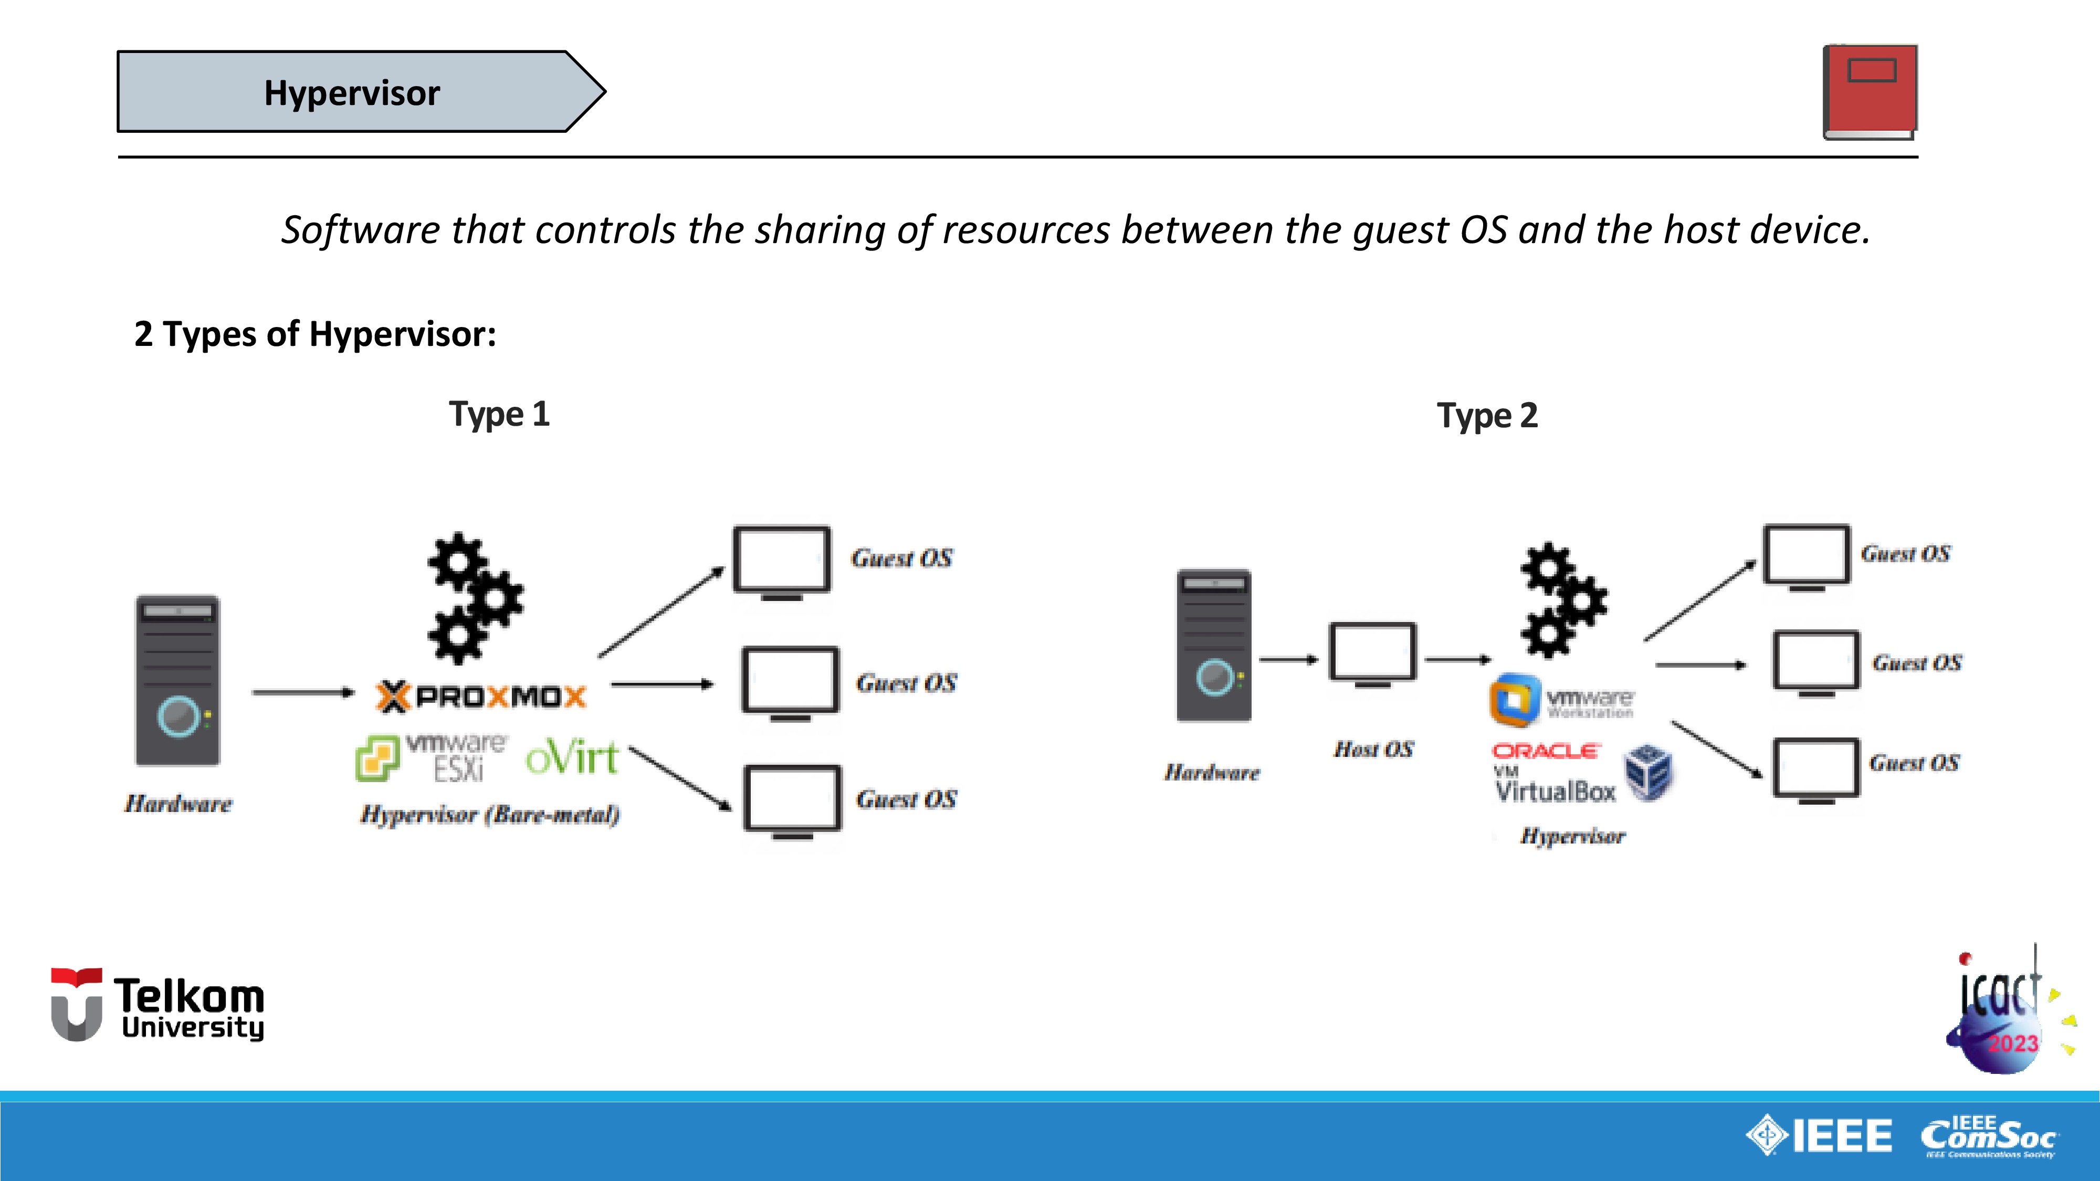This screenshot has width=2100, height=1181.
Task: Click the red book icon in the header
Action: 1870,91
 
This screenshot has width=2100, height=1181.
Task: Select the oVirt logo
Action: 572,758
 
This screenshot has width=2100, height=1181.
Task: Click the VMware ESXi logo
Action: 432,758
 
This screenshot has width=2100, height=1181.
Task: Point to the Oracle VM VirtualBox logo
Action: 1581,774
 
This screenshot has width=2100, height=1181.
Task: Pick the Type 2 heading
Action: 1487,416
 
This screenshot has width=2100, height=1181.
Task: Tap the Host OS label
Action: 1373,749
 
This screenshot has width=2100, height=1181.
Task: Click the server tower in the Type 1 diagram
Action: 178,681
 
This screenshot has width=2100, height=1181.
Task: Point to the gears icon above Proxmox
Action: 475,598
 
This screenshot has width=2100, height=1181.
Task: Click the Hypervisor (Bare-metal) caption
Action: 490,814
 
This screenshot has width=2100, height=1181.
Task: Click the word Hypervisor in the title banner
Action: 352,93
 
